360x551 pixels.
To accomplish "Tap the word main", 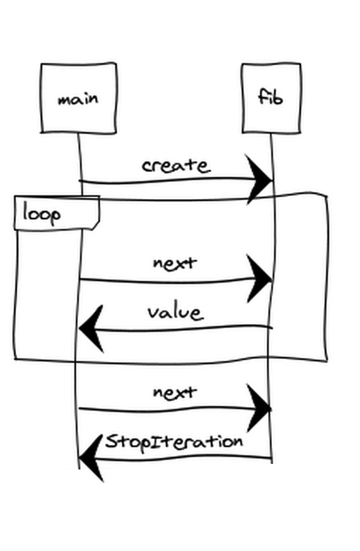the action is pyautogui.click(x=78, y=99).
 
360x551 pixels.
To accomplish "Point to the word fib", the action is pyautogui.click(x=270, y=97).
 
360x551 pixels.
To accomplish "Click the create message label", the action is pyautogui.click(x=176, y=166).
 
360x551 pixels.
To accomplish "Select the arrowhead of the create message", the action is pyautogui.click(x=259, y=180).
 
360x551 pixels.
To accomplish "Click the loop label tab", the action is pyautogui.click(x=57, y=213).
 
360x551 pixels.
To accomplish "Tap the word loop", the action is pyautogui.click(x=41, y=214).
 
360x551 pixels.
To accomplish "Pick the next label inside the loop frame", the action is pyautogui.click(x=174, y=263).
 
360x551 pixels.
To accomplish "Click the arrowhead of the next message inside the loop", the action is pyautogui.click(x=259, y=279).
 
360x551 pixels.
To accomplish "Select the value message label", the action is pyautogui.click(x=176, y=312).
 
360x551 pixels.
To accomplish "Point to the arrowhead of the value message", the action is pyautogui.click(x=91, y=329).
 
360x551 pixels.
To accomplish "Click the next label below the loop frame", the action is pyautogui.click(x=174, y=392).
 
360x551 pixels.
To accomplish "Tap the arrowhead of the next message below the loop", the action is pyautogui.click(x=259, y=408).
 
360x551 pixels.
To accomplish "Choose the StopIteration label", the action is pyautogui.click(x=174, y=442).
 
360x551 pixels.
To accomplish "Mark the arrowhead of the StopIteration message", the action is pyautogui.click(x=91, y=458).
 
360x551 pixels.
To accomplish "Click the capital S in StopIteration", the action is pyautogui.click(x=111, y=441).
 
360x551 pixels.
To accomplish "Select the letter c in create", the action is pyautogui.click(x=148, y=166).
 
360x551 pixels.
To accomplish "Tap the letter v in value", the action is pyautogui.click(x=153, y=313).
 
